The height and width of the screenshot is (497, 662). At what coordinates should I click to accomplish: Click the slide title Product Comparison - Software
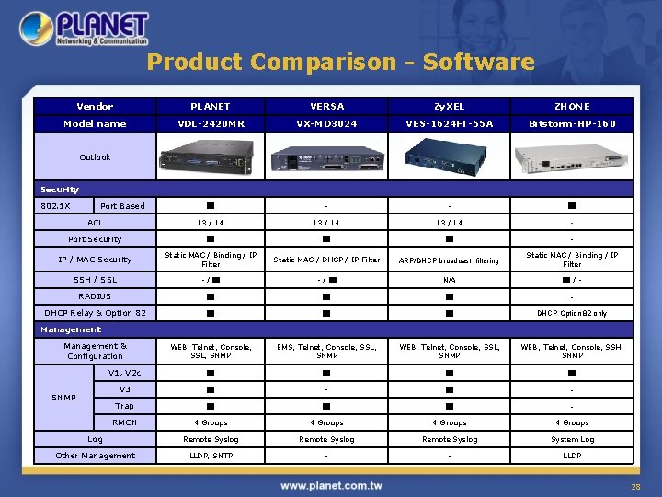[340, 62]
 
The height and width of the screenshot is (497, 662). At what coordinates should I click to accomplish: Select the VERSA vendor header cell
[326, 106]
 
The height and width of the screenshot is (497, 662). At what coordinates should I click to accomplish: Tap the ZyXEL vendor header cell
[450, 106]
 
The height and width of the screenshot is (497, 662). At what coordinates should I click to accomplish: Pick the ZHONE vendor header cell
[572, 106]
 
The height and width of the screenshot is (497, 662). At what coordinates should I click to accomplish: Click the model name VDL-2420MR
[211, 123]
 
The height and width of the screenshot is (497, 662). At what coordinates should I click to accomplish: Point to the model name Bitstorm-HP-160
[572, 123]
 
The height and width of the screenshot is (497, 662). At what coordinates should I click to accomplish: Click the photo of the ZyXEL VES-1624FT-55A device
[450, 156]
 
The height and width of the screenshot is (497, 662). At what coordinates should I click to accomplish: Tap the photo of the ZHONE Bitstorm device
[572, 158]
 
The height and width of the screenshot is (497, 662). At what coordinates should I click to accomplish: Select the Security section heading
[60, 190]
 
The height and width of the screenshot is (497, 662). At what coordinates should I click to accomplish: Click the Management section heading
[70, 329]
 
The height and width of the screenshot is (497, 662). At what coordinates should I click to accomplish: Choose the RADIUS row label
[95, 296]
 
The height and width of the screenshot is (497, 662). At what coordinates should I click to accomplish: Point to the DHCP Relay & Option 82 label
[95, 313]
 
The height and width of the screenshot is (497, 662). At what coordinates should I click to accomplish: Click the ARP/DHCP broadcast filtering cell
[450, 260]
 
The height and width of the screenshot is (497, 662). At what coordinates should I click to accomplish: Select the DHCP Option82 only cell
[572, 313]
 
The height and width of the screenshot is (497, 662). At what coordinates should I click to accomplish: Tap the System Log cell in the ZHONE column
[572, 439]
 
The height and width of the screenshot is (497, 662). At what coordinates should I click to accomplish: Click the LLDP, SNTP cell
[211, 456]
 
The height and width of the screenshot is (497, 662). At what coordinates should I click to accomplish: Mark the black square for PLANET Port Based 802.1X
[211, 206]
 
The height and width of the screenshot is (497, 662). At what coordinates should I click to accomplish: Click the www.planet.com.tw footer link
[332, 485]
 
